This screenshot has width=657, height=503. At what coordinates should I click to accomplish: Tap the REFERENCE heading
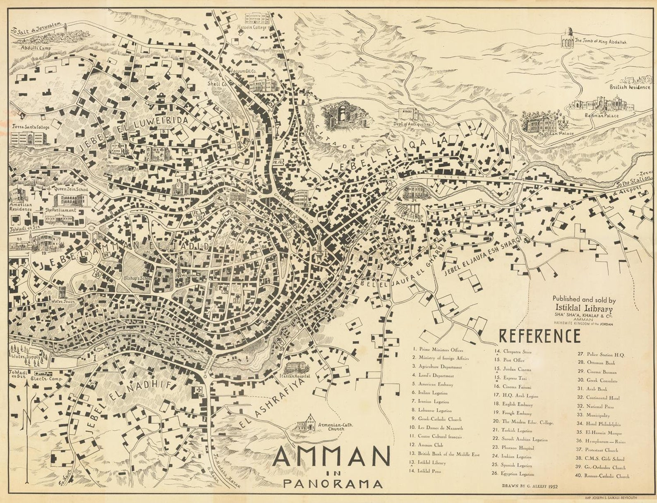click(540, 336)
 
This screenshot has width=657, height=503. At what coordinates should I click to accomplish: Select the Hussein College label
click(252, 28)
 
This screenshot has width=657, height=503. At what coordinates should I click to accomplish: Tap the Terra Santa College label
click(31, 127)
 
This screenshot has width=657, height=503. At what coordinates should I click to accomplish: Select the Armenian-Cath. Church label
click(331, 427)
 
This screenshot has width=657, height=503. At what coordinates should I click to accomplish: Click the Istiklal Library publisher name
click(584, 309)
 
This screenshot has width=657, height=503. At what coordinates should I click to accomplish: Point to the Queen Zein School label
click(69, 189)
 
